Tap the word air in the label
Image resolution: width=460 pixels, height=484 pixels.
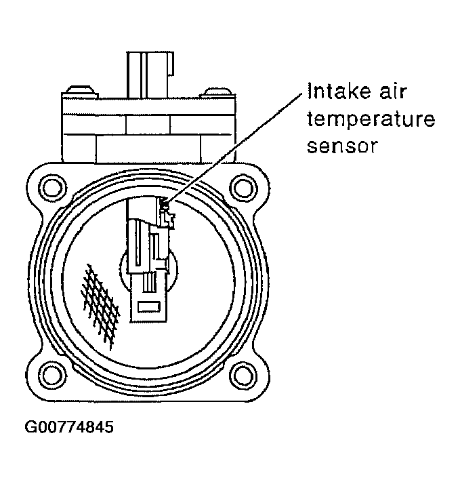coord(399,93)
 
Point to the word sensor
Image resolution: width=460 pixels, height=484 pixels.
coord(341,146)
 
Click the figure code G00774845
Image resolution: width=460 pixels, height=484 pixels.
coord(69,428)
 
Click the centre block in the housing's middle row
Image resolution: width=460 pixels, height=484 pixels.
coord(147,125)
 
